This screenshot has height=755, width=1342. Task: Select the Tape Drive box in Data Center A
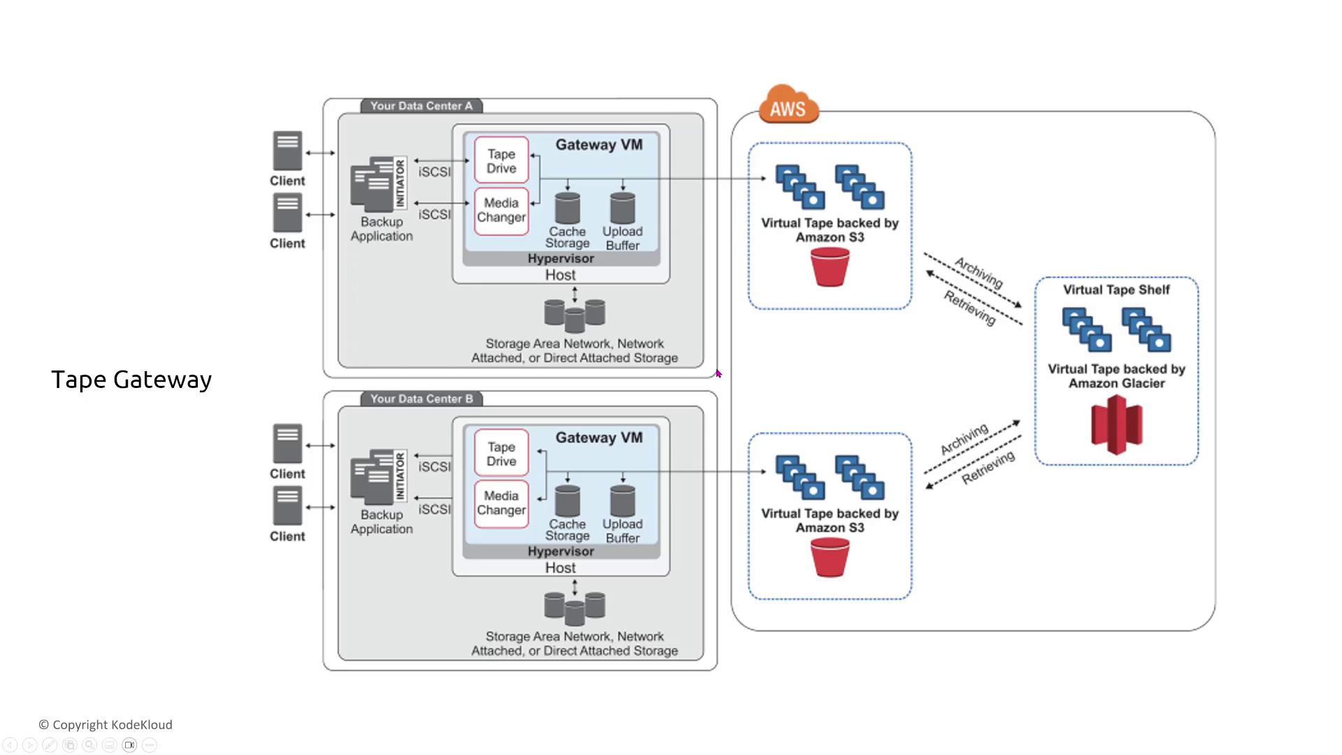click(501, 161)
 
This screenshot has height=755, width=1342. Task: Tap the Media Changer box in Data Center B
click(501, 503)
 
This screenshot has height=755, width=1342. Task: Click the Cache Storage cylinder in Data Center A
click(567, 208)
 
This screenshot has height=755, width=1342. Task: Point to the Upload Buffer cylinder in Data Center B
click(622, 501)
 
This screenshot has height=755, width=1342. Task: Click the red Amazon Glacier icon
click(1116, 424)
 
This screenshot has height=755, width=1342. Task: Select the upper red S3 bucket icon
click(830, 267)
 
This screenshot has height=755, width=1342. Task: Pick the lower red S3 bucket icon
click(830, 558)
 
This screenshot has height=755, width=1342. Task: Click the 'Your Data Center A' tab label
click(421, 106)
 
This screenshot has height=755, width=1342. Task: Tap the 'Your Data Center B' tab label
click(421, 399)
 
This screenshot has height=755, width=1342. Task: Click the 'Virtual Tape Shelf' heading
click(1116, 290)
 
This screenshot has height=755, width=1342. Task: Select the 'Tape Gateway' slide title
click(131, 380)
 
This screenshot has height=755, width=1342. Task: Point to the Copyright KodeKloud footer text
click(106, 725)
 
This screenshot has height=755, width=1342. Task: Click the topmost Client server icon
click(287, 150)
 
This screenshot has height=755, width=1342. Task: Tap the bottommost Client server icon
click(287, 506)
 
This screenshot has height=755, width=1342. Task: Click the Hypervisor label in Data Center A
click(561, 259)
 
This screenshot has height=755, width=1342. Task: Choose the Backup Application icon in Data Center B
click(378, 477)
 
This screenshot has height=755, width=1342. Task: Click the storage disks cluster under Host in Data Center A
click(575, 315)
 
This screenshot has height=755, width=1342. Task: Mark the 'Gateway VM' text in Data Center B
click(599, 438)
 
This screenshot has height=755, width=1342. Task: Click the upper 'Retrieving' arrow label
click(969, 308)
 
